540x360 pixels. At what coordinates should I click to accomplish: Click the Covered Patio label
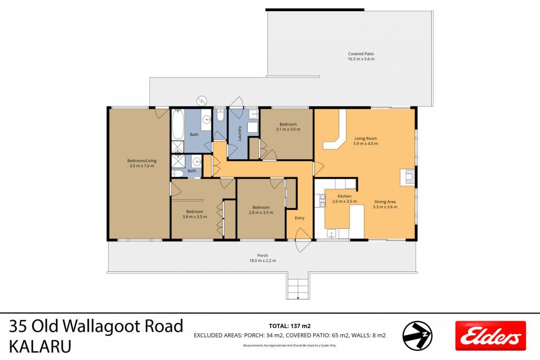click(361, 56)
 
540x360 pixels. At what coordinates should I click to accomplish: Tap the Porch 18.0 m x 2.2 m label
click(263, 258)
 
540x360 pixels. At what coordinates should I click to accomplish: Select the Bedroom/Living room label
click(141, 163)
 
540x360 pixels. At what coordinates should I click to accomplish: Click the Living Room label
click(365, 141)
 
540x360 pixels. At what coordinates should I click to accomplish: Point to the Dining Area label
click(385, 205)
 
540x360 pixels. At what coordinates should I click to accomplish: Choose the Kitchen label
click(344, 199)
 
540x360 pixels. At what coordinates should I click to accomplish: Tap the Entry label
click(300, 218)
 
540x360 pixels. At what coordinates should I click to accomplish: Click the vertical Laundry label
click(240, 133)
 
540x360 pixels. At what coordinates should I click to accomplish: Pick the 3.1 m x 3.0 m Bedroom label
click(288, 127)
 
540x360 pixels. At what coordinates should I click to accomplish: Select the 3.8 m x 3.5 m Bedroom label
click(195, 214)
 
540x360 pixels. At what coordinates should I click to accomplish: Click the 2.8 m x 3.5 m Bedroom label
click(261, 210)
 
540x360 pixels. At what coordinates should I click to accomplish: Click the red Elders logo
click(490, 336)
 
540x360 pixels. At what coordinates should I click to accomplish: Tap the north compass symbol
click(418, 336)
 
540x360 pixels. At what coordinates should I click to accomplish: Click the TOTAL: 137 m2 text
click(290, 326)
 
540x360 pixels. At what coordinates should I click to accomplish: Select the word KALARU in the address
click(40, 347)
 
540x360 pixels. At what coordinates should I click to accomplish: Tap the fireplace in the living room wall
click(408, 178)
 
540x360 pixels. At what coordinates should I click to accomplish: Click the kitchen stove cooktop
click(322, 201)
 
